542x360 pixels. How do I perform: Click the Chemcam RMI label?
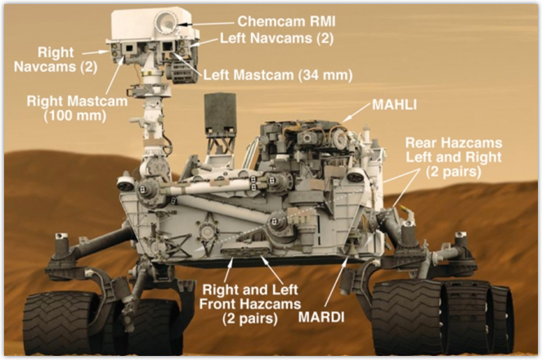click(286, 21)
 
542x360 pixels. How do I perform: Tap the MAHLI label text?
click(394, 105)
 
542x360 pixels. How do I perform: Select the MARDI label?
click(321, 317)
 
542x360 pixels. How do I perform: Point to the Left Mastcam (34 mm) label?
click(278, 75)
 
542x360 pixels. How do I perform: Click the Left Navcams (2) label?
click(276, 38)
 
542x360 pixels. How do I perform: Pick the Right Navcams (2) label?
click(56, 59)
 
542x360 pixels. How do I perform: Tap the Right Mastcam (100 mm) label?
click(77, 108)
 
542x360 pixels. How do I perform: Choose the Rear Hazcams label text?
click(454, 157)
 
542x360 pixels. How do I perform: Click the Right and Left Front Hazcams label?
click(250, 304)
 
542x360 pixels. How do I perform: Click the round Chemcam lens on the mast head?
click(166, 21)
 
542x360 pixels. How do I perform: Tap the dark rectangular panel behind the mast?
click(220, 113)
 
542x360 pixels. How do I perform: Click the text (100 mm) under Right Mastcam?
click(75, 115)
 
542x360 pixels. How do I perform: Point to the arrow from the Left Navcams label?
click(205, 43)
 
